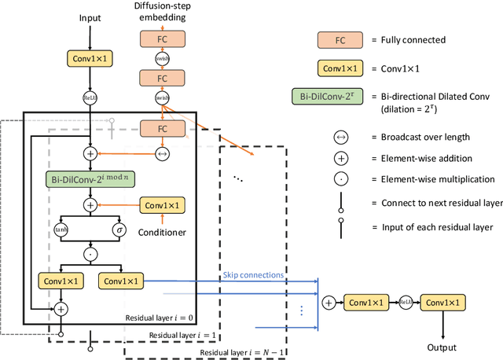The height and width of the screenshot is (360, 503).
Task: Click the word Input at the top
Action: [92, 17]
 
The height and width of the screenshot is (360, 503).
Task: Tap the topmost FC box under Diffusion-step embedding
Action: [163, 38]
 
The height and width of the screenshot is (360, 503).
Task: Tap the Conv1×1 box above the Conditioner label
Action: [163, 205]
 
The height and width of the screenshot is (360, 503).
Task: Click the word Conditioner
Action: [163, 233]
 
